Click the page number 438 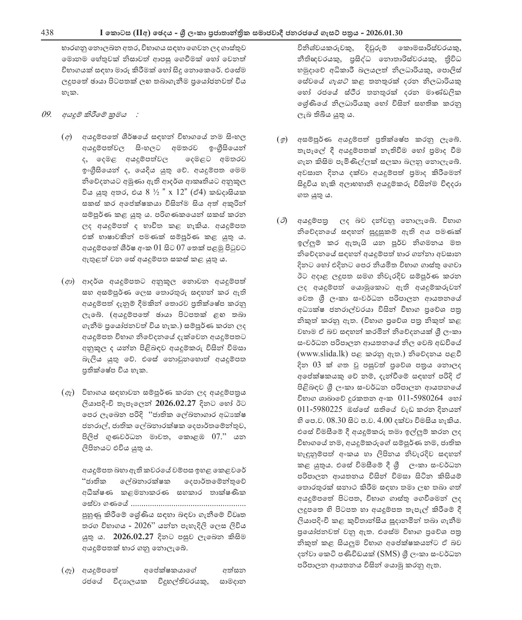pos(47,33)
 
